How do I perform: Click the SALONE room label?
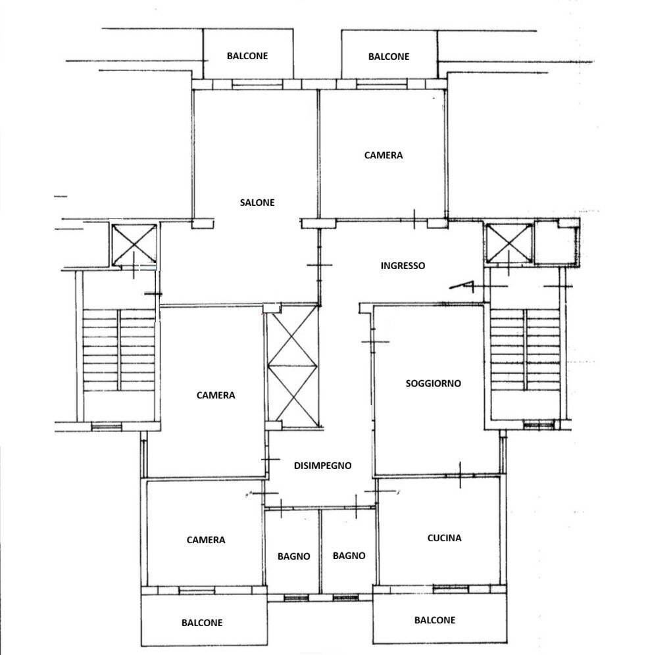click(x=257, y=203)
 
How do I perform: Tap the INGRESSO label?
click(x=403, y=266)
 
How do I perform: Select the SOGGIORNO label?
click(x=433, y=383)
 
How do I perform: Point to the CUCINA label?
click(x=444, y=538)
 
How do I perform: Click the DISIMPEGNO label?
click(x=322, y=466)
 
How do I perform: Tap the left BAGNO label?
click(x=293, y=556)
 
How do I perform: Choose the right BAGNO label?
click(x=349, y=556)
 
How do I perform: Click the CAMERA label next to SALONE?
click(x=383, y=155)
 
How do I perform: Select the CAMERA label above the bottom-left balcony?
click(x=206, y=540)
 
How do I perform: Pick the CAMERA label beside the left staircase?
click(x=216, y=395)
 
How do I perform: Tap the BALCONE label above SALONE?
click(x=247, y=56)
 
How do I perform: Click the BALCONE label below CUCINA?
click(x=434, y=620)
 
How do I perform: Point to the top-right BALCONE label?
click(x=388, y=57)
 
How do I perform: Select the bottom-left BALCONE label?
click(x=202, y=623)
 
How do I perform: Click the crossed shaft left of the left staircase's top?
click(x=134, y=245)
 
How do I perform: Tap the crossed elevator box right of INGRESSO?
click(x=509, y=243)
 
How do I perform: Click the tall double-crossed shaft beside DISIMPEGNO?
click(x=293, y=366)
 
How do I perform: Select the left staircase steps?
click(x=118, y=350)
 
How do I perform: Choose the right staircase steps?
click(x=525, y=350)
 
